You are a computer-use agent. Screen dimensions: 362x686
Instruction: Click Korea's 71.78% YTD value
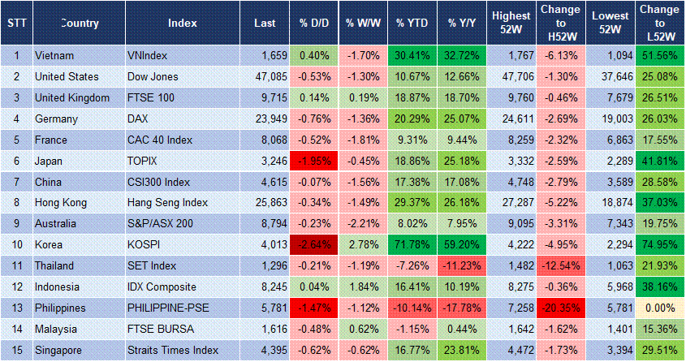pos(412,244)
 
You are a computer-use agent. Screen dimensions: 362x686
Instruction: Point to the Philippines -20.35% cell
pos(559,308)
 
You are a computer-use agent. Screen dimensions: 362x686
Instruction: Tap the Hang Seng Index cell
pos(168,203)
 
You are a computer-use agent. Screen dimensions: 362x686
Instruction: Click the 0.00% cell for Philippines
pos(659,308)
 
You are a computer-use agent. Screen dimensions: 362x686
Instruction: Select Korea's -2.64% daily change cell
pos(314,244)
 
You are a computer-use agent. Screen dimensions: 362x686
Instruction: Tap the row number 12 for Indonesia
pos(16,287)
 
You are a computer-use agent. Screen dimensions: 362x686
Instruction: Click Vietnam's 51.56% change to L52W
pos(659,56)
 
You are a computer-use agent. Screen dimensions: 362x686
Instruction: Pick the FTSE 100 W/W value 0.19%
pos(362,98)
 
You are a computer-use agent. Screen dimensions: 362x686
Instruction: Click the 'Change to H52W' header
pos(559,24)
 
